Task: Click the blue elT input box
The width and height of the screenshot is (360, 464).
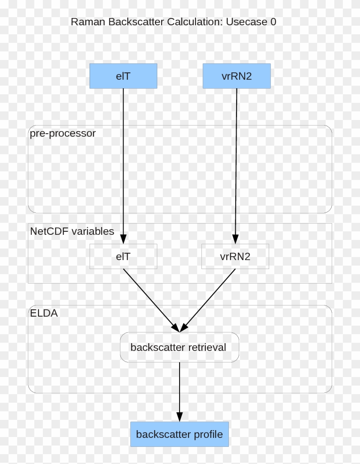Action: coord(123,76)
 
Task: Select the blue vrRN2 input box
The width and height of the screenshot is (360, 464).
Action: coord(237,76)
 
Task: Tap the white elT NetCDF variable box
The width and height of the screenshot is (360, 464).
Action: coord(123,256)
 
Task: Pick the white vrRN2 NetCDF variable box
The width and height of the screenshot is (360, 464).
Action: coord(235,256)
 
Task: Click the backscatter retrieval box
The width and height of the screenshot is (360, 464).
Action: coord(179,347)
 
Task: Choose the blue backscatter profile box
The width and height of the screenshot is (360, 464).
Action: coord(180,434)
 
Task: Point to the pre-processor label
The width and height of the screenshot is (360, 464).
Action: coord(63,133)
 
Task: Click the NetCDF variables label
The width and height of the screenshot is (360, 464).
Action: coord(72,231)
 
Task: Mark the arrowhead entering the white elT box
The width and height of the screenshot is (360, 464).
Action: coord(123,239)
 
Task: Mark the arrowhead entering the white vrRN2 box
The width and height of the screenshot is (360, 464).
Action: coord(235,239)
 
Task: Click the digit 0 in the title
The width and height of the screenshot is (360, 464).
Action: coord(273,22)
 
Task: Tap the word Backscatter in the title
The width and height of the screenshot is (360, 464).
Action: coord(136,22)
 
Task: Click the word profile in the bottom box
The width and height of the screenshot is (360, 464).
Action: coord(208,434)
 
